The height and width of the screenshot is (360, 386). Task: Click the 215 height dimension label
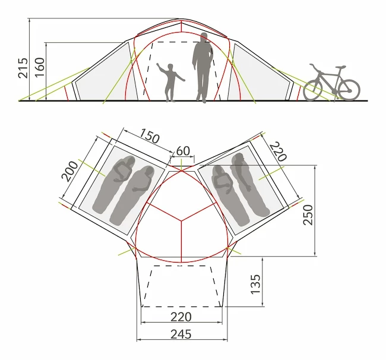point(23,68)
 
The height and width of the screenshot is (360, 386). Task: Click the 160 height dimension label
point(39,67)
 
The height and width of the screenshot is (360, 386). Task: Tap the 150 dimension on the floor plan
point(150,135)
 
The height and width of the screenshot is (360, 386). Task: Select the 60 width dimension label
point(183,151)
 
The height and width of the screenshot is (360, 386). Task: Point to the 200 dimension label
point(69,171)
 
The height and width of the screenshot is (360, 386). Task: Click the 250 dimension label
point(308,214)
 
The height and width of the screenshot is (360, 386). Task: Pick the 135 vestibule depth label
point(255,284)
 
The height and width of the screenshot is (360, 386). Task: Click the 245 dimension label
point(181,334)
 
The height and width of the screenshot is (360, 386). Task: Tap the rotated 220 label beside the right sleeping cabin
point(279,151)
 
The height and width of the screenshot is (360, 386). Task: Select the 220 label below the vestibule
point(181,317)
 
